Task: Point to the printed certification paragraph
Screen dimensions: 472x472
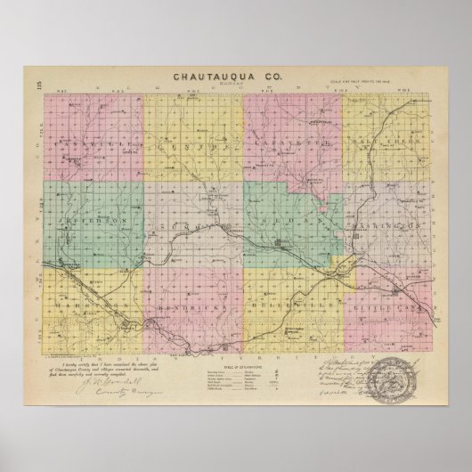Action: point(103,348)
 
